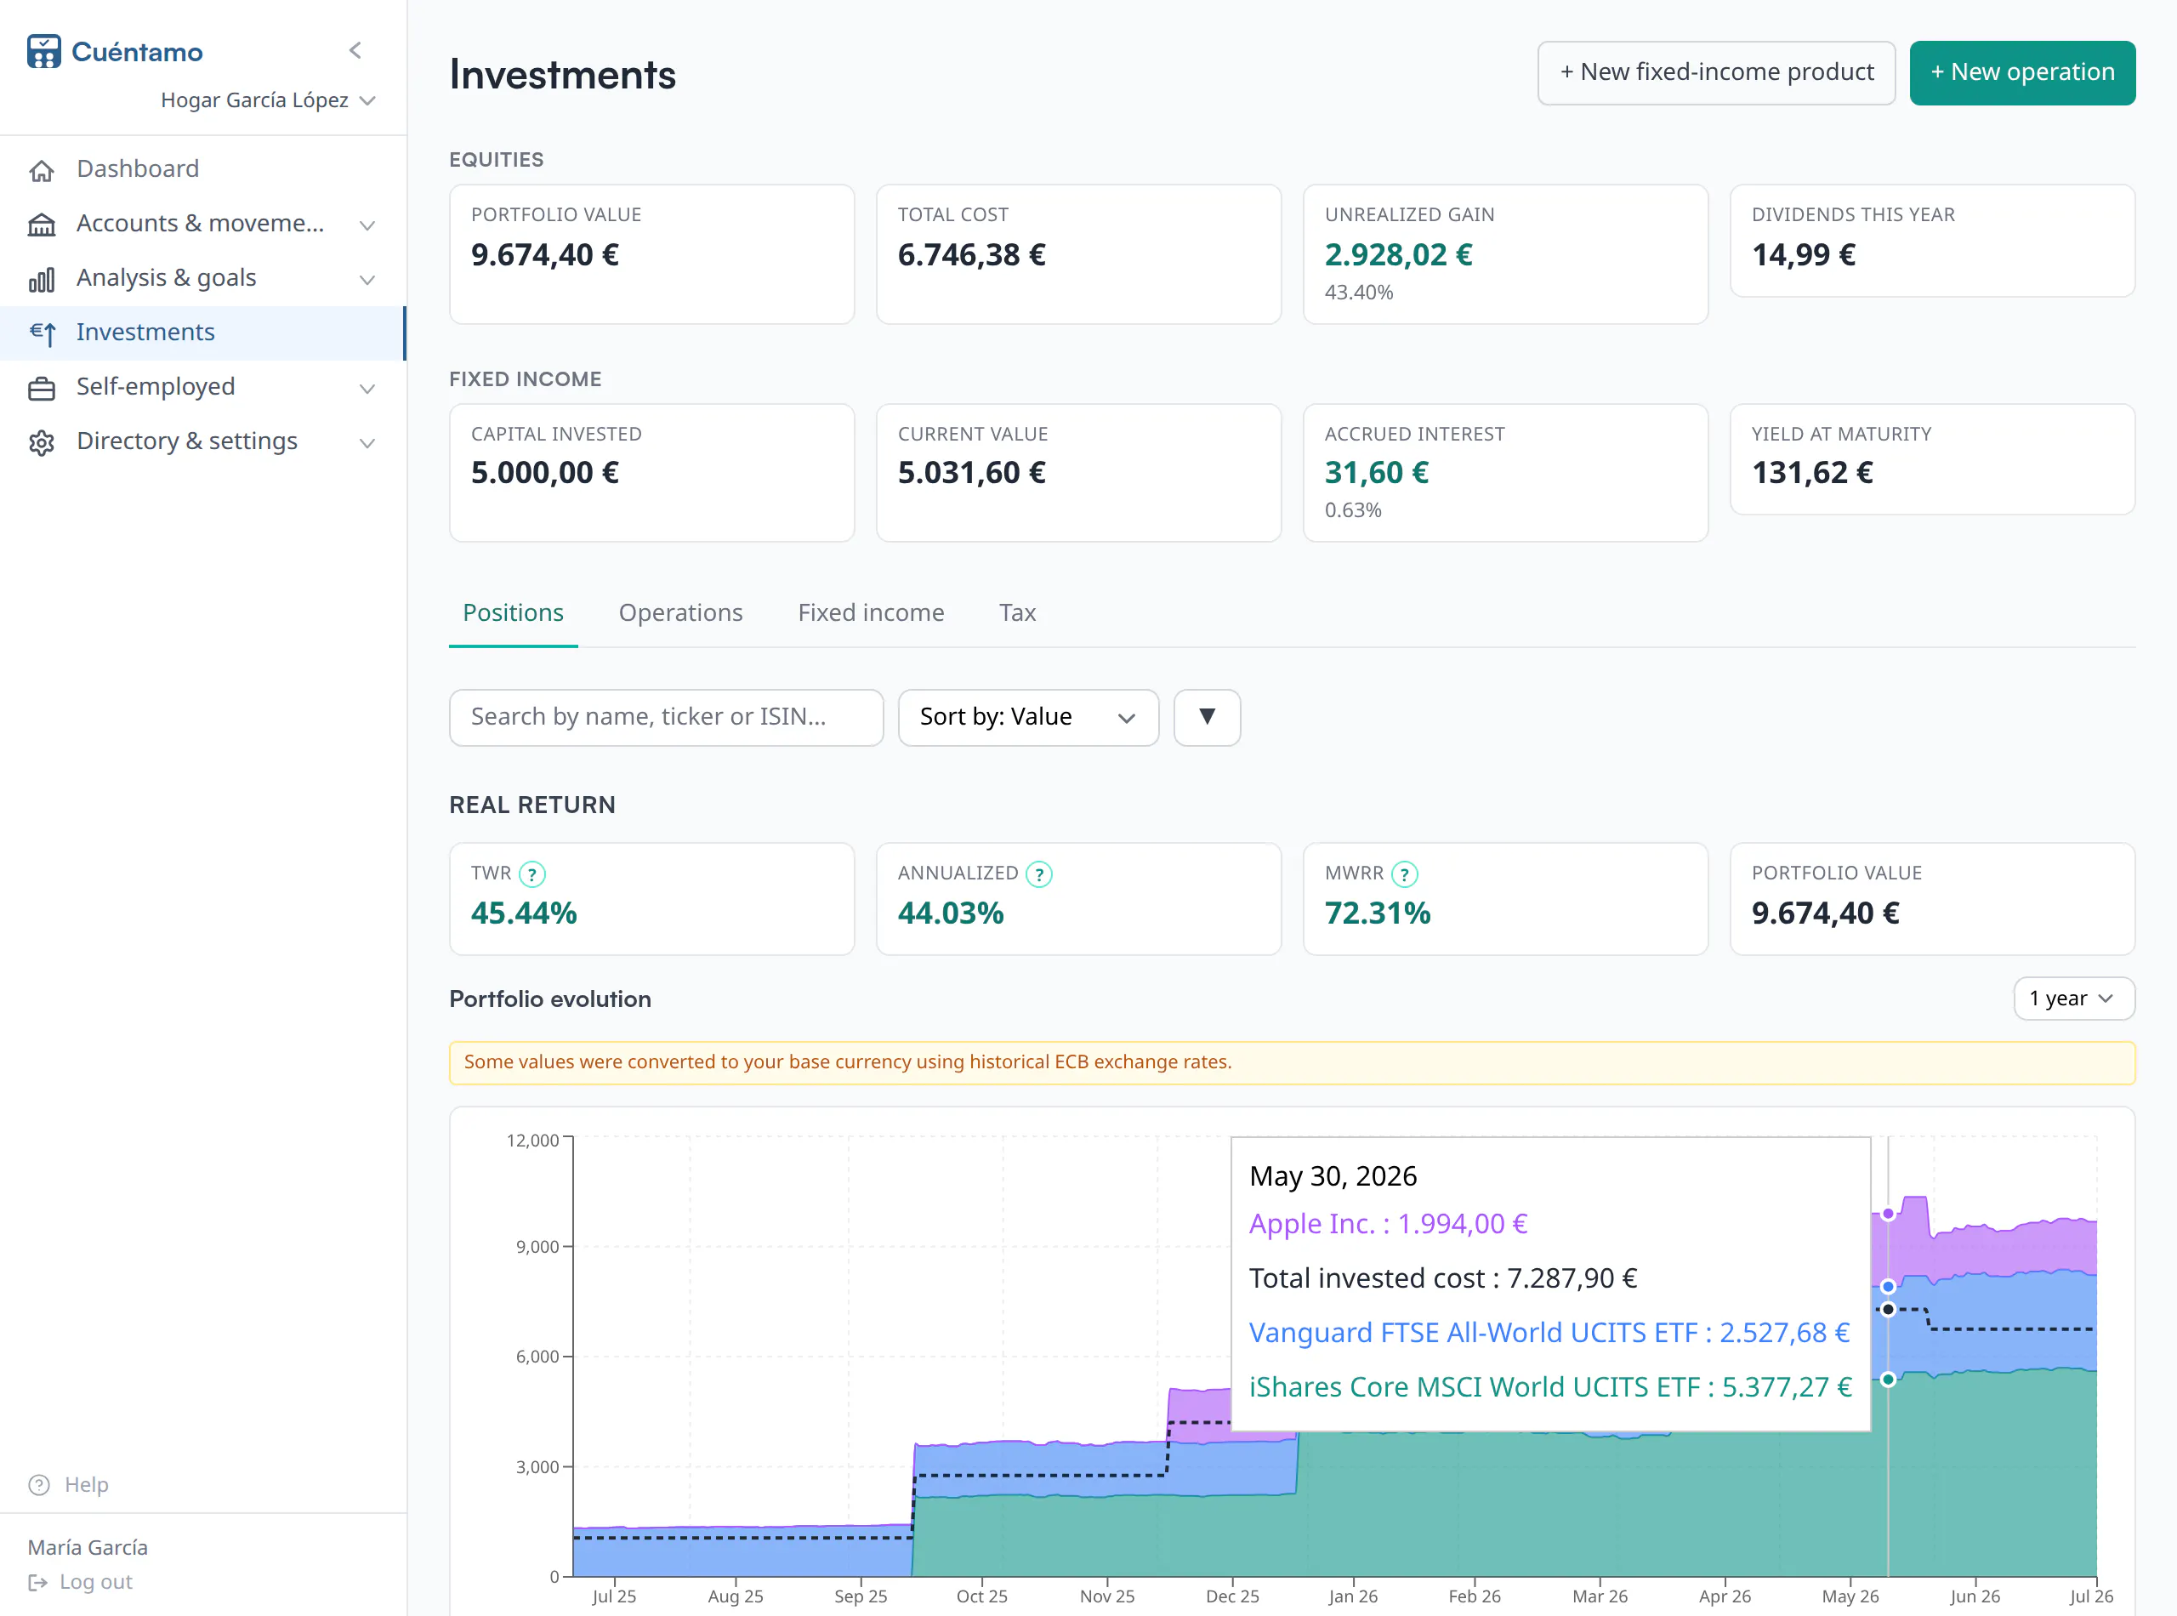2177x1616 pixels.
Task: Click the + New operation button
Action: point(2021,72)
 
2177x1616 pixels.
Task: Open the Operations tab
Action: point(680,612)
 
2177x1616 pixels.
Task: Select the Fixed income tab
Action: point(871,612)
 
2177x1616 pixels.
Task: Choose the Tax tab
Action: point(1017,612)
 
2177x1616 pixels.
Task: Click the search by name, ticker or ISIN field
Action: point(666,717)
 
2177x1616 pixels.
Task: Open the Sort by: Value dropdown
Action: point(1028,717)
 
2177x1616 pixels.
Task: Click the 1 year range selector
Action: point(2073,998)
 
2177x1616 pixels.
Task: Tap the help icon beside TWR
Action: point(532,873)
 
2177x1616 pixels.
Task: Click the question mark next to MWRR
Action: point(1404,873)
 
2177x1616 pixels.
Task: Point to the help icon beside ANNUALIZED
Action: point(1038,873)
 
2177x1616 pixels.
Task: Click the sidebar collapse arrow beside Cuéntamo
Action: point(355,50)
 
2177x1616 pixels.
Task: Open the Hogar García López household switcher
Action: point(268,100)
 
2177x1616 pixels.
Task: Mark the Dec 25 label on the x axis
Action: point(1232,1596)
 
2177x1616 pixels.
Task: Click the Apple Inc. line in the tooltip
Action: point(1388,1223)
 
